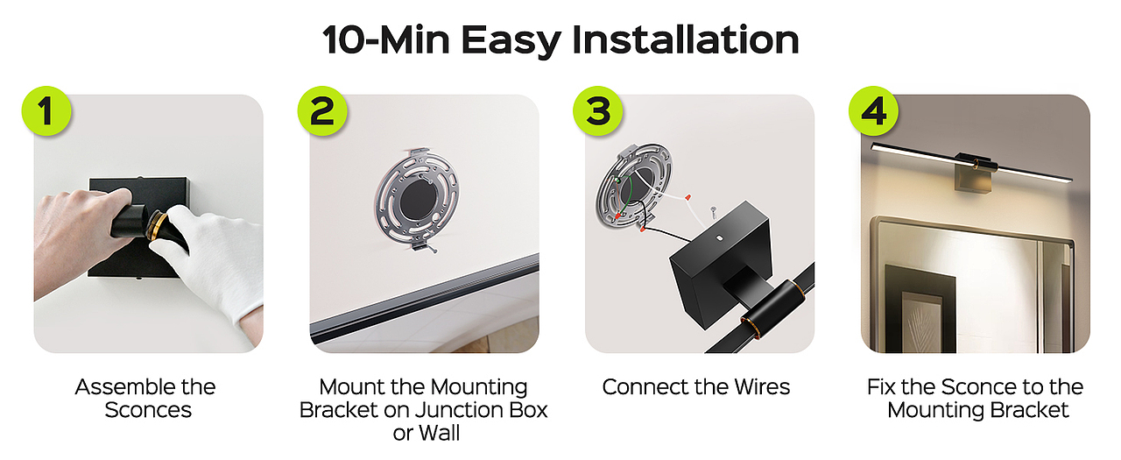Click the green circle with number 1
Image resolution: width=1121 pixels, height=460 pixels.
[46, 110]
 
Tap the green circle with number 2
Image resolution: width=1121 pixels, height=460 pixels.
[322, 110]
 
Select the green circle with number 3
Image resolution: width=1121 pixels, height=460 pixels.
[597, 110]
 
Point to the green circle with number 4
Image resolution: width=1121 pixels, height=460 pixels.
[874, 110]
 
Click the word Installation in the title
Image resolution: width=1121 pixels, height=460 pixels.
[685, 39]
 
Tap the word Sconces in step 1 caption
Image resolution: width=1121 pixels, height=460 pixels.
[148, 410]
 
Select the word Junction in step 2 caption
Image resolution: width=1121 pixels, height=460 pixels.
[461, 410]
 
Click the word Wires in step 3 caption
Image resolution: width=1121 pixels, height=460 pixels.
[762, 387]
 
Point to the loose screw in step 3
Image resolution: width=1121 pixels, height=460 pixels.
[713, 212]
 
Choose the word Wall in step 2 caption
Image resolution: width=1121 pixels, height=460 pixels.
[440, 433]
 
